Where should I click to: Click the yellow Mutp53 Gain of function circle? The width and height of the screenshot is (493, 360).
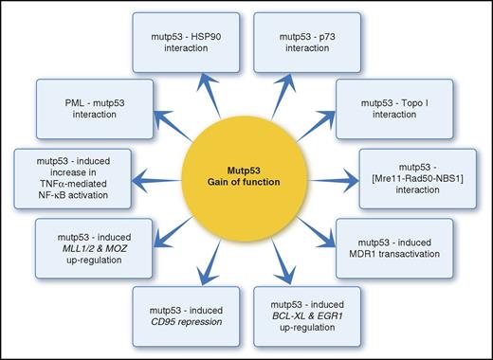[x=247, y=180]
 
